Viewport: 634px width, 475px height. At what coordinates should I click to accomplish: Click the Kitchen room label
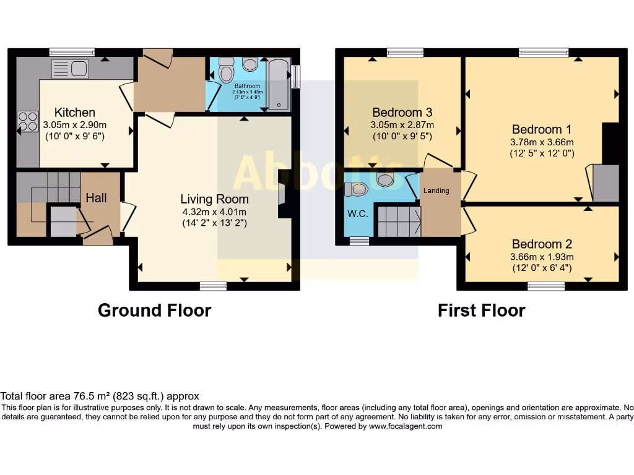75,113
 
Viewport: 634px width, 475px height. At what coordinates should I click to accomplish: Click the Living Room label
214,199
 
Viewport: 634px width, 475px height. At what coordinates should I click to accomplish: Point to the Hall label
96,198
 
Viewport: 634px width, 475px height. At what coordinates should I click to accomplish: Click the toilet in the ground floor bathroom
227,70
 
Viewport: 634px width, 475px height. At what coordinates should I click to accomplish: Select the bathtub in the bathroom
279,85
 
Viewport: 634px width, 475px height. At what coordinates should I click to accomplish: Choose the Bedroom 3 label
402,113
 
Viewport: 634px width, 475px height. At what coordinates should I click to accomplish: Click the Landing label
436,190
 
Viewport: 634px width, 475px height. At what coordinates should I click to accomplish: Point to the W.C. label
356,215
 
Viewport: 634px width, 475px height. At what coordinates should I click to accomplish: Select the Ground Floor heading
154,310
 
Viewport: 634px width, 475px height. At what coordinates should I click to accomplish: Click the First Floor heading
481,310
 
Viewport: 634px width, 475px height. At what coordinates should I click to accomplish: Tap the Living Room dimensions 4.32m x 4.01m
214,212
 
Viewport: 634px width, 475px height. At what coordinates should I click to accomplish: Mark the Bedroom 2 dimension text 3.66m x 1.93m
542,257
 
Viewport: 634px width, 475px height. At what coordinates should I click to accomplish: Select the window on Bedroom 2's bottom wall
546,286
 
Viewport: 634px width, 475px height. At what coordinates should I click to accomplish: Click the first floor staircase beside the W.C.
398,221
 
